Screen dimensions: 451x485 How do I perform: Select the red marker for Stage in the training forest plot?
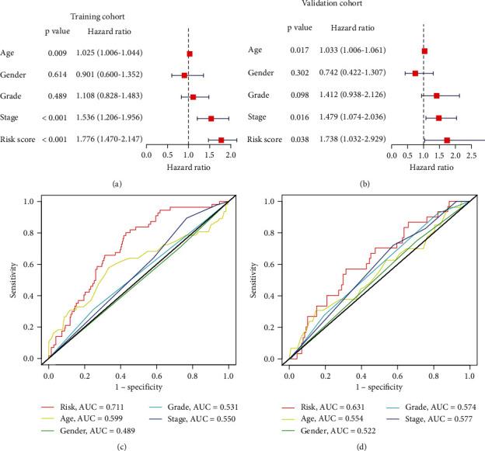211,119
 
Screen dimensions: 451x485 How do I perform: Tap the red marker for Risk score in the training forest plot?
222,141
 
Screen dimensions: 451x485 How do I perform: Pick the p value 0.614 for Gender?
56,75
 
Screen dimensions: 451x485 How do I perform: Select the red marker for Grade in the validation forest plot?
437,95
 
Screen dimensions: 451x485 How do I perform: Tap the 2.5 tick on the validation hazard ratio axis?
472,154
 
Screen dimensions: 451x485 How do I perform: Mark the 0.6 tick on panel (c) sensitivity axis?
31,265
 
